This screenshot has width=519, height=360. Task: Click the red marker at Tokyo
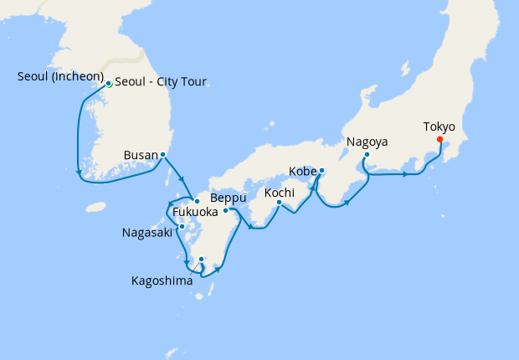439,140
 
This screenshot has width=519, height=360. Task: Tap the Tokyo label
439,127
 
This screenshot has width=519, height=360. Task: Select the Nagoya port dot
367,155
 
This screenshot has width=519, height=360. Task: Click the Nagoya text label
367,142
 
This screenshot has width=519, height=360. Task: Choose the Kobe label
302,172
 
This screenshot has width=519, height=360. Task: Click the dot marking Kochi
280,203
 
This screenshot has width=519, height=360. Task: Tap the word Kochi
280,193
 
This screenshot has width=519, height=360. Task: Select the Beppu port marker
225,210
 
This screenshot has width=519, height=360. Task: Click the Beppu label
228,198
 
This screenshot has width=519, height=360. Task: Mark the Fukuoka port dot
197,201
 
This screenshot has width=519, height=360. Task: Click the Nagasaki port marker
182,227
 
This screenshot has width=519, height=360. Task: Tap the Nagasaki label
147,232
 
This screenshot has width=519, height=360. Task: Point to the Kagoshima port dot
201,260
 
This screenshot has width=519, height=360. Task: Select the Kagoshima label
162,280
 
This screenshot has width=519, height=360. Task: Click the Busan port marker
162,155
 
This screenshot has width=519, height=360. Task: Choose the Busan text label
140,155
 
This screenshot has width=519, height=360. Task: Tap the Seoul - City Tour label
160,82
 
